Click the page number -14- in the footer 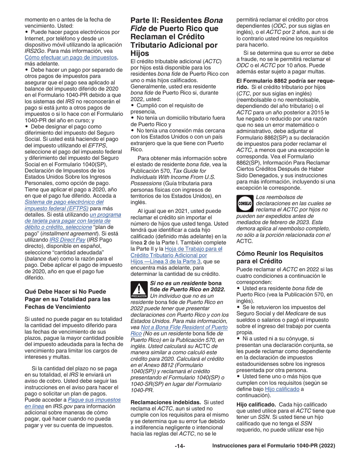click(x=180, y=446)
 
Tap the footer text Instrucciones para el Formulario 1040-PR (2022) click(x=274, y=446)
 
